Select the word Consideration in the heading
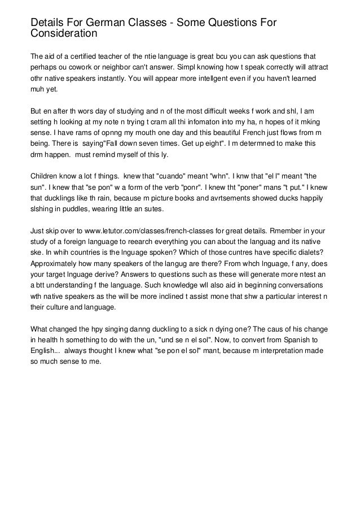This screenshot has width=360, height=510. (63, 34)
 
